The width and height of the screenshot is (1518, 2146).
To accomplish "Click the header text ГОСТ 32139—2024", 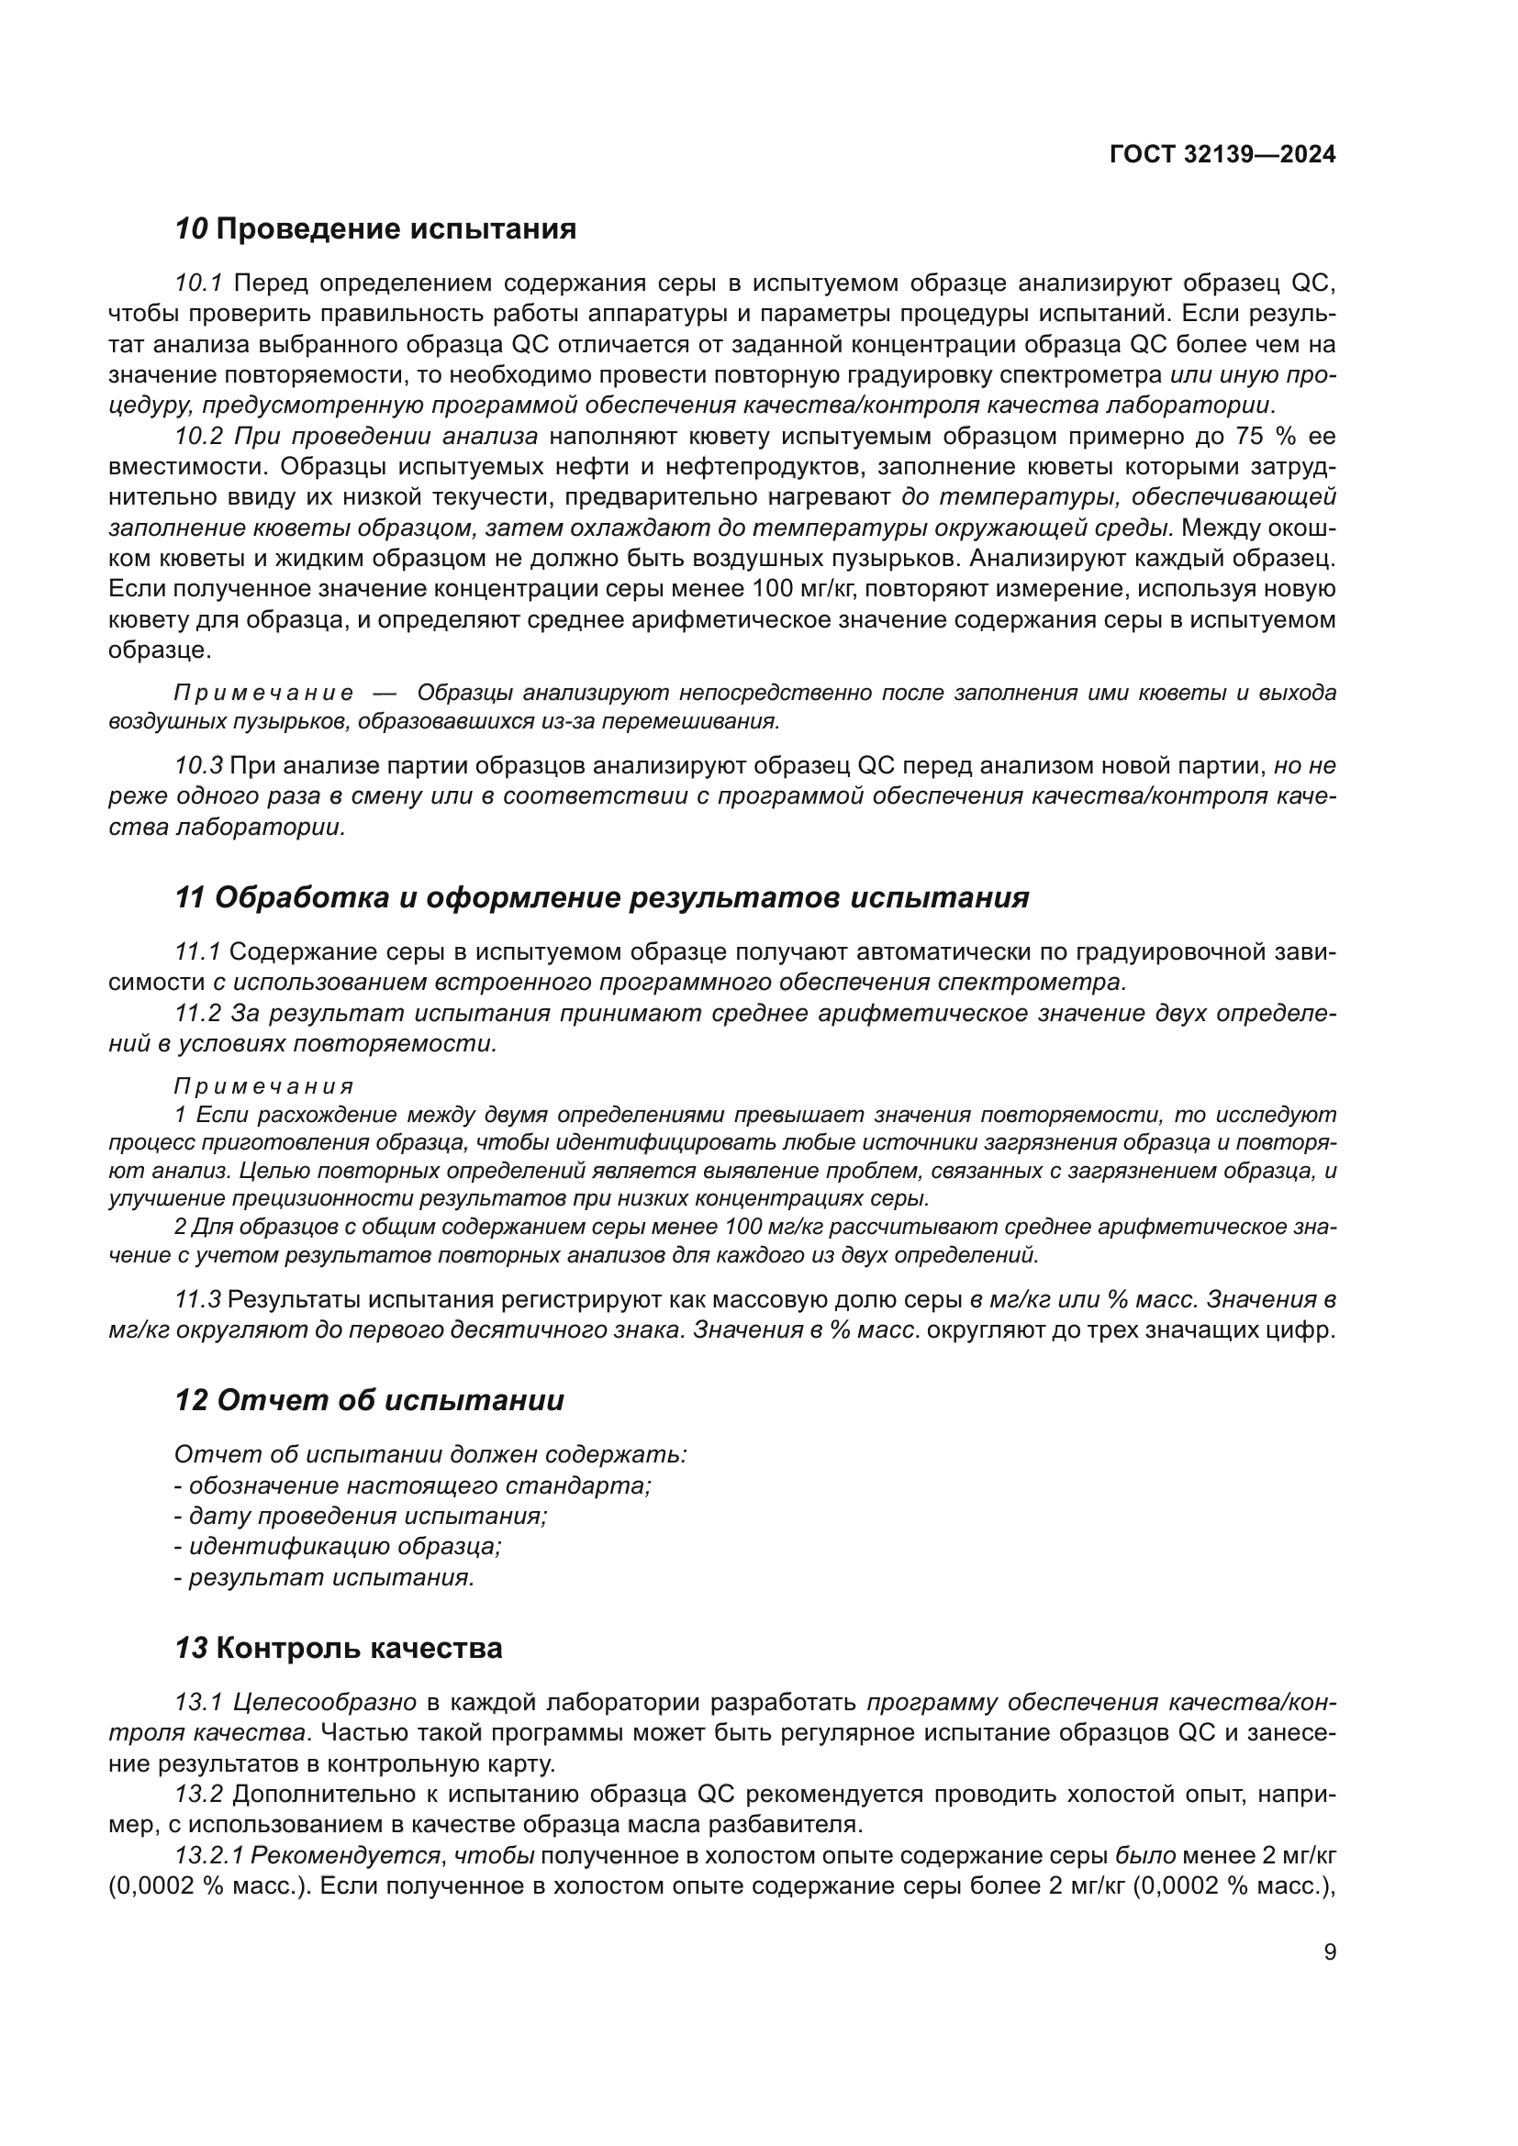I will click(x=1222, y=155).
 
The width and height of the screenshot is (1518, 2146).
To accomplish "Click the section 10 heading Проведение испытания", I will click(x=375, y=229).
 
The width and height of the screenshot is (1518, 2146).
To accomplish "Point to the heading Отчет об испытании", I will click(x=369, y=1401).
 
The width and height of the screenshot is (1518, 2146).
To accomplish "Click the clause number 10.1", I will click(x=198, y=284).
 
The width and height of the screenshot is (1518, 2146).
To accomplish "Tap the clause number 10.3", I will click(x=198, y=765).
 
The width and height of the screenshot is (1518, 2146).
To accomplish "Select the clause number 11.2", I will click(x=198, y=1013).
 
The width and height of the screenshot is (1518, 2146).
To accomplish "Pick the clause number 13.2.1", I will click(x=209, y=1854).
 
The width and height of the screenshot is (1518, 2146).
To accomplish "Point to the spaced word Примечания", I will click(x=264, y=1086).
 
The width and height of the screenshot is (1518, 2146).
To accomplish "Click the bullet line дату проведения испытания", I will click(x=361, y=1516).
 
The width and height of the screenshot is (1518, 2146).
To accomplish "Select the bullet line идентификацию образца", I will click(x=338, y=1547).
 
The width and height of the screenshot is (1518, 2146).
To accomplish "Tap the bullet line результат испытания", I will click(x=324, y=1578).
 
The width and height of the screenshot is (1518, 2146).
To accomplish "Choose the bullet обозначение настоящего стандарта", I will click(x=412, y=1485).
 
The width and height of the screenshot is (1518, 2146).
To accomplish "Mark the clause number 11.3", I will click(x=198, y=1299).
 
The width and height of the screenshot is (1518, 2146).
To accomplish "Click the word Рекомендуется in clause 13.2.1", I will click(x=346, y=1854).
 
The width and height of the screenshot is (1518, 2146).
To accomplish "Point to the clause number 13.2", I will click(x=198, y=1794).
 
